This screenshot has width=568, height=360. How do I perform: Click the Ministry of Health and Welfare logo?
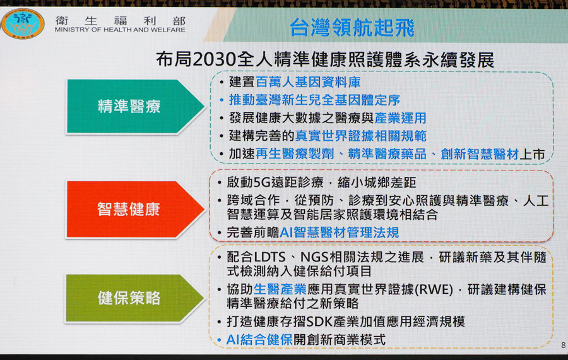pyautogui.click(x=23, y=23)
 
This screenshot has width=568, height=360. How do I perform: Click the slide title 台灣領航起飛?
pyautogui.click(x=352, y=28)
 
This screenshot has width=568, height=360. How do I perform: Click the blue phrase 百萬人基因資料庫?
pyautogui.click(x=308, y=82)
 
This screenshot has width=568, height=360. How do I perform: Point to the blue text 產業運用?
pyautogui.click(x=400, y=118)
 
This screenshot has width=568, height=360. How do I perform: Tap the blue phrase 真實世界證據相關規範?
pyautogui.click(x=361, y=136)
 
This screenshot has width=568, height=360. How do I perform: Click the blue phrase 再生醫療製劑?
pyautogui.click(x=295, y=153)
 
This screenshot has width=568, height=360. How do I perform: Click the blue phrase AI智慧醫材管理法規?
pyautogui.click(x=340, y=232)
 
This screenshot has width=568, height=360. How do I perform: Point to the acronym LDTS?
pyautogui.click(x=270, y=257)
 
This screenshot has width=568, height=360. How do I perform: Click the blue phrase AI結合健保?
pyautogui.click(x=259, y=340)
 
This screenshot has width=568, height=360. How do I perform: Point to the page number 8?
pyautogui.click(x=564, y=345)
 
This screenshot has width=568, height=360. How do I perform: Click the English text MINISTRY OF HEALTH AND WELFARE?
pyautogui.click(x=121, y=30)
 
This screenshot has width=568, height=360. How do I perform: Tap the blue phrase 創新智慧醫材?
pyautogui.click(x=480, y=154)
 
